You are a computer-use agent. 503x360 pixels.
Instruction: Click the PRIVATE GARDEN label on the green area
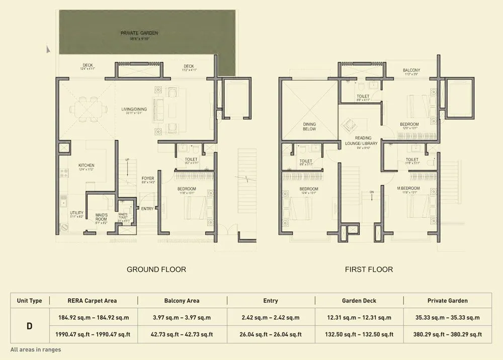[x=139, y=33]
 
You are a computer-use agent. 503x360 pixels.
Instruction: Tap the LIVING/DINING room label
[x=134, y=109]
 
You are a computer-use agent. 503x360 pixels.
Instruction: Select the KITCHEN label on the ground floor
[x=86, y=165]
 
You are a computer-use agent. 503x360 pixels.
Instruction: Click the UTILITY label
[x=77, y=213]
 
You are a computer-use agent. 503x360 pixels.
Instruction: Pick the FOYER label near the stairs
[x=147, y=178]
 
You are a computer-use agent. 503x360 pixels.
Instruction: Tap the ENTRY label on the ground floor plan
[x=147, y=209]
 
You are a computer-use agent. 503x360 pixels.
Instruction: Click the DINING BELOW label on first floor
[x=309, y=126]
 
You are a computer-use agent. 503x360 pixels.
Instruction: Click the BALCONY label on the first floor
[x=411, y=70]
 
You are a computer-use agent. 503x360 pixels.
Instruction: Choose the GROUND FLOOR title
[x=156, y=269]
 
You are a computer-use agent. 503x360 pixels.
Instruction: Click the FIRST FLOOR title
[x=369, y=269]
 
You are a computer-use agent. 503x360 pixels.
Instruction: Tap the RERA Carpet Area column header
[x=92, y=301]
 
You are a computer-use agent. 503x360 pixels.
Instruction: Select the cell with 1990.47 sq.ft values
[x=92, y=334]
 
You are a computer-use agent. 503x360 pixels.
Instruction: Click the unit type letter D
[x=29, y=326]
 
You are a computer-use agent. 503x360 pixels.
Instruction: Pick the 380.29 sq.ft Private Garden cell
[x=448, y=334]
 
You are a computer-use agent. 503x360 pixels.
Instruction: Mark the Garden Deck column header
[x=359, y=301]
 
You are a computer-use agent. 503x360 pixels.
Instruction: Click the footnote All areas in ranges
[x=36, y=349]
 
